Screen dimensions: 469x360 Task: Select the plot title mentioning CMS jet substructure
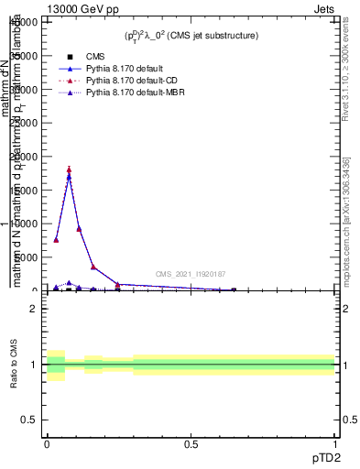pos(191,36)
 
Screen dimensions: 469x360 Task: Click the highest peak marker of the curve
pos(69,169)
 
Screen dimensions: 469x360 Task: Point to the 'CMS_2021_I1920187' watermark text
pos(191,274)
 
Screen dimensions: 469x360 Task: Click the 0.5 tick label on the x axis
pos(191,444)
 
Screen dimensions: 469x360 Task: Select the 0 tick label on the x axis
pos(47,444)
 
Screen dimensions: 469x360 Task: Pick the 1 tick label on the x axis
pos(335,444)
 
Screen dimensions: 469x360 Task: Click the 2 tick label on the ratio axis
pos(34,309)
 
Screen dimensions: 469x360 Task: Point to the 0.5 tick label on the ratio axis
pos(29,420)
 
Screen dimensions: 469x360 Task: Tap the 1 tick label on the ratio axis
pos(34,365)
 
